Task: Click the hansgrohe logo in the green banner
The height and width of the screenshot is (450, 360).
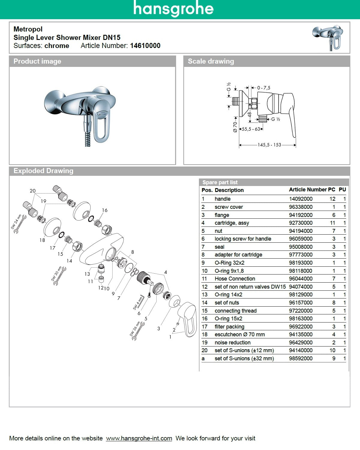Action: click(173, 9)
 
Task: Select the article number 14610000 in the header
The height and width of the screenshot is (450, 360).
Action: click(145, 46)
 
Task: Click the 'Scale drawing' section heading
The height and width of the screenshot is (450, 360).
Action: click(211, 61)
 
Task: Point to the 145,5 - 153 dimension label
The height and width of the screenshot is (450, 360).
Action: click(269, 145)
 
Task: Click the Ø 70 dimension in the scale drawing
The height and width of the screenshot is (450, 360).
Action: click(235, 127)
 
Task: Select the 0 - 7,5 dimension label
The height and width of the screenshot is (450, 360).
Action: click(263, 88)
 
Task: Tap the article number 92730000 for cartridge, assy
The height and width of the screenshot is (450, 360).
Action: click(301, 223)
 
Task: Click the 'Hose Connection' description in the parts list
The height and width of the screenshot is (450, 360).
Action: click(235, 279)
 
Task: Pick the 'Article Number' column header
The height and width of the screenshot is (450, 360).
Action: click(307, 190)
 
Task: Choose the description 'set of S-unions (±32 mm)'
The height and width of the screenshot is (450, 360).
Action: click(244, 358)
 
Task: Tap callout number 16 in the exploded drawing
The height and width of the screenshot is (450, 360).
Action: click(104, 210)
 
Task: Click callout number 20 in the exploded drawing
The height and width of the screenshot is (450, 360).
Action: click(32, 191)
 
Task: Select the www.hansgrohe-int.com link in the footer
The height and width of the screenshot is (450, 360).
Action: click(139, 438)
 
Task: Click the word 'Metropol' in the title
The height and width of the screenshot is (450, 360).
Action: click(28, 29)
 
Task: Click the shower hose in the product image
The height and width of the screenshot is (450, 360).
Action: click(88, 136)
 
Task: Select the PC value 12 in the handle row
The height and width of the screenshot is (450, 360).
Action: click(332, 199)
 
